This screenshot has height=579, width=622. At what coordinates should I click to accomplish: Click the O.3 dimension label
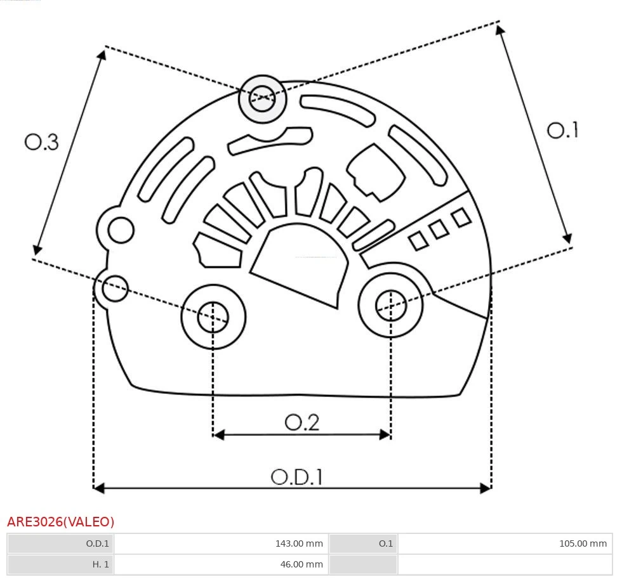pos(42,141)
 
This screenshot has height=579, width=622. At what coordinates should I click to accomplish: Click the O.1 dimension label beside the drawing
pos(562,130)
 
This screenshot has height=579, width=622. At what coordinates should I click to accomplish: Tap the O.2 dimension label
pos(301,422)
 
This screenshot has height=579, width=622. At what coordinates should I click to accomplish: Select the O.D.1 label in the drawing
pos(297,477)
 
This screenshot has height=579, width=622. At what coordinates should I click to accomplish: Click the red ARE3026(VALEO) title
pos(61,522)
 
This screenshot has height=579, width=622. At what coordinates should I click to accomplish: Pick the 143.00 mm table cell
pos(298,543)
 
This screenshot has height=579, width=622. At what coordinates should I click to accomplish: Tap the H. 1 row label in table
pos(100,564)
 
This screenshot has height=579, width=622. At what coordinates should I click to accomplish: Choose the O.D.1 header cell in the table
pos(98,543)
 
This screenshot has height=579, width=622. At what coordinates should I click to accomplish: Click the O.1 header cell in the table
pos(385,543)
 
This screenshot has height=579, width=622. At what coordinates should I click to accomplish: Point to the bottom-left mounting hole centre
pos(213,316)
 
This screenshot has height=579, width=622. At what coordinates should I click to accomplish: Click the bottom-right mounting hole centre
pos(390,306)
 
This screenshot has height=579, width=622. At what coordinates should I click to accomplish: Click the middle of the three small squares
pos(439,230)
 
